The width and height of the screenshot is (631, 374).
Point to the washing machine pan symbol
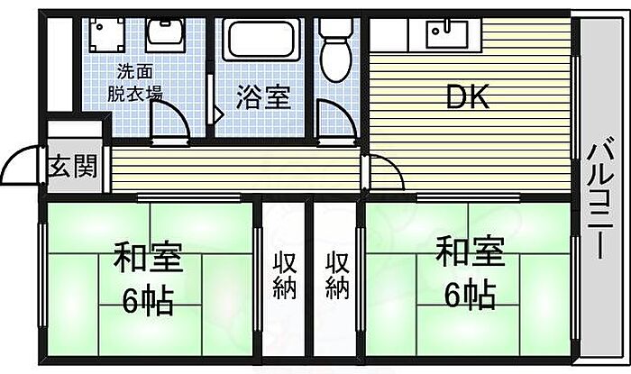coord(106,35)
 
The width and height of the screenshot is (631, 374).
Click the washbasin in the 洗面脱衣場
coord(165,34)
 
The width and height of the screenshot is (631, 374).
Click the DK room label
coord(468,97)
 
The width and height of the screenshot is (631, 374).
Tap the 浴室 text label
coord(263,97)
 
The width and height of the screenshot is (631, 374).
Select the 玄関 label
coord(73,166)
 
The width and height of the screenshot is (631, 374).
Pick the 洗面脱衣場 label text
coord(135,83)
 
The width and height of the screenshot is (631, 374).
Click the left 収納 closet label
coord(285,276)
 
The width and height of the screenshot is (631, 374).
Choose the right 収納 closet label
coord(337,276)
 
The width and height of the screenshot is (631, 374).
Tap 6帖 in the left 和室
coord(148,301)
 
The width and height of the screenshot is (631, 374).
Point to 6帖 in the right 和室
coord(470,295)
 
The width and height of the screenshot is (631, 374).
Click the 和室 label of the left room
coord(149,258)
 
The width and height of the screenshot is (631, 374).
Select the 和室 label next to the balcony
coord(471,251)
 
